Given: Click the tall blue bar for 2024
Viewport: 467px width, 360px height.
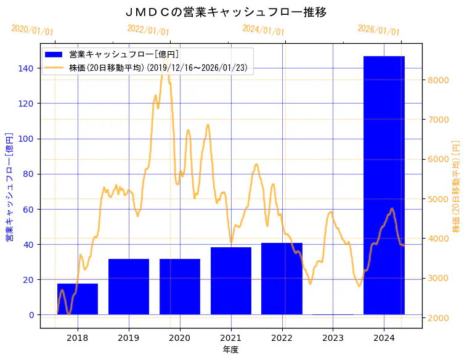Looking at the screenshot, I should (384, 185).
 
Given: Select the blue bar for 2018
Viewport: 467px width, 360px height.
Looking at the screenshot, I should (78, 299).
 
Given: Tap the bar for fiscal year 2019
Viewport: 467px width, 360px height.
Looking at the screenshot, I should (129, 287).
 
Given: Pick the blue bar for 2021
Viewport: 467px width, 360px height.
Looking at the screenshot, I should (231, 281).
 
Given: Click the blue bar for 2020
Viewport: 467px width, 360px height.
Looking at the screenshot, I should (180, 287).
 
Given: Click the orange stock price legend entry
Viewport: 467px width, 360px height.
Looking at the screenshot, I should (158, 68).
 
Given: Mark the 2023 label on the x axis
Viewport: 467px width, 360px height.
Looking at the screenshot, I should (333, 338).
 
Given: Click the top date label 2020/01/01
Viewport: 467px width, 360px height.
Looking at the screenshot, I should (33, 30).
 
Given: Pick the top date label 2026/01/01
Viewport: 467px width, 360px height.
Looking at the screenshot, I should (378, 30).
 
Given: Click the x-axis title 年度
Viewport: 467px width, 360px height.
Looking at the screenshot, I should (230, 350).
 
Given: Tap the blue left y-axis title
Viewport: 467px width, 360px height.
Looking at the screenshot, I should (9, 187).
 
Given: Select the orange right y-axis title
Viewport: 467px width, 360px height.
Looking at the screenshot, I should (457, 187).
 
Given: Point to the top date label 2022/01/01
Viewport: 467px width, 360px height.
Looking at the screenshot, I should (148, 30).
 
